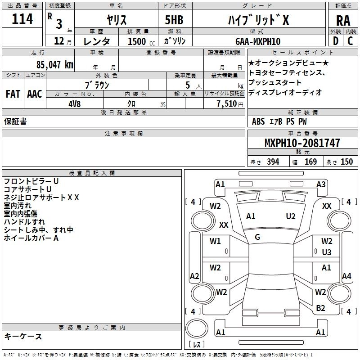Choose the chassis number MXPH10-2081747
click(302, 143)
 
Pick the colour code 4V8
click(74, 103)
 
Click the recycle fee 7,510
click(227, 103)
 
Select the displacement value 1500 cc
click(137, 41)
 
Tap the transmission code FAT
click(13, 94)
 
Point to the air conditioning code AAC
click(35, 94)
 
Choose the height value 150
click(346, 162)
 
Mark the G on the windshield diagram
click(257, 237)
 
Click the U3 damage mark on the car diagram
click(327, 252)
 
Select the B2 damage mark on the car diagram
click(320, 308)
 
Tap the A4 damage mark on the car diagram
click(346, 276)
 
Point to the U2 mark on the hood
click(291, 216)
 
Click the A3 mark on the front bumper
click(321, 184)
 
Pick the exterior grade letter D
click(335, 40)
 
